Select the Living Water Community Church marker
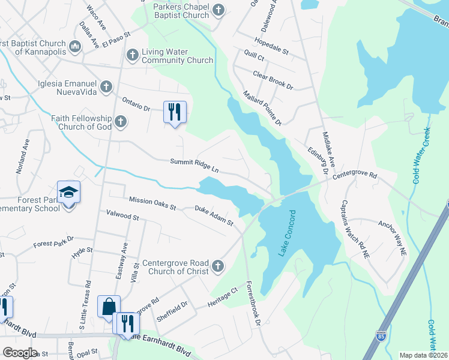(132, 56)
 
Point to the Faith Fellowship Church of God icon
(121, 122)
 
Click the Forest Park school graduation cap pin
(69, 193)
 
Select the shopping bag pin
(109, 307)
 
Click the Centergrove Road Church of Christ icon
(218, 266)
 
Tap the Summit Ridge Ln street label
(194, 166)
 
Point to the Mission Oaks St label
(152, 203)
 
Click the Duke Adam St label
(214, 216)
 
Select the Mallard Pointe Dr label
(262, 108)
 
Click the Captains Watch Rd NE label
(355, 229)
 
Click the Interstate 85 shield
(381, 350)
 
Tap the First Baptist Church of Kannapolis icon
(75, 46)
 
